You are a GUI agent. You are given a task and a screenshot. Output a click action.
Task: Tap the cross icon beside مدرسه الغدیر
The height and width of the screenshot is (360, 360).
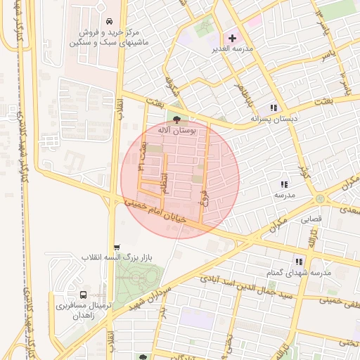coord(233,38)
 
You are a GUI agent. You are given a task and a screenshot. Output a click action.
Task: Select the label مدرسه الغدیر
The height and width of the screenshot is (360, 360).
coord(233,50)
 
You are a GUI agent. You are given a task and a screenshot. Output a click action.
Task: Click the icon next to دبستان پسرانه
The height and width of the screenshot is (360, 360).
coord(274,108)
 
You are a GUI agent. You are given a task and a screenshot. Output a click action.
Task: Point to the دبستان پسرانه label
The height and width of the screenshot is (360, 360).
coord(274,120)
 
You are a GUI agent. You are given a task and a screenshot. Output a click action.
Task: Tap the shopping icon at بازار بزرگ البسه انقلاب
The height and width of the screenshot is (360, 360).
coord(117,247)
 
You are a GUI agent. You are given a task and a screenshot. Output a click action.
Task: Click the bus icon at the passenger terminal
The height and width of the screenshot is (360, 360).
coord(84,295)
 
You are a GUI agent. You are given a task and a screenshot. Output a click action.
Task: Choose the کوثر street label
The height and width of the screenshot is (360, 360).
coord(304,169)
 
